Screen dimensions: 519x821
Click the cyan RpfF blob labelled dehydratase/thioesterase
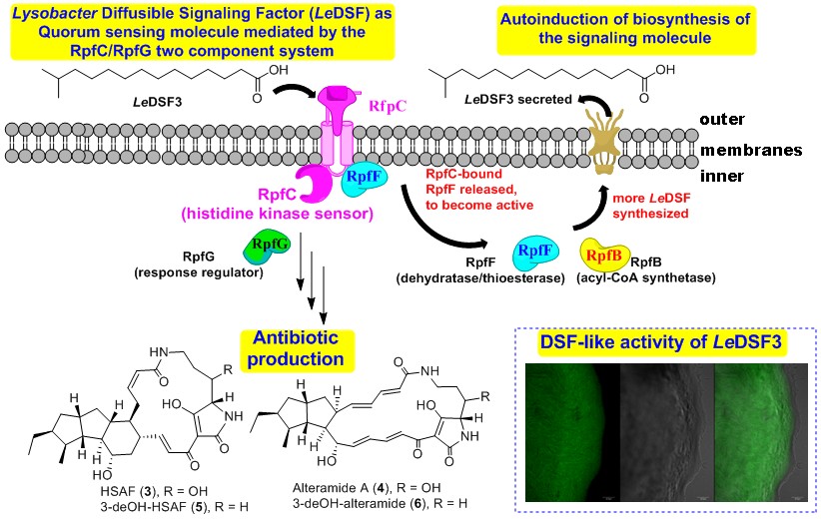tap(536, 253)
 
